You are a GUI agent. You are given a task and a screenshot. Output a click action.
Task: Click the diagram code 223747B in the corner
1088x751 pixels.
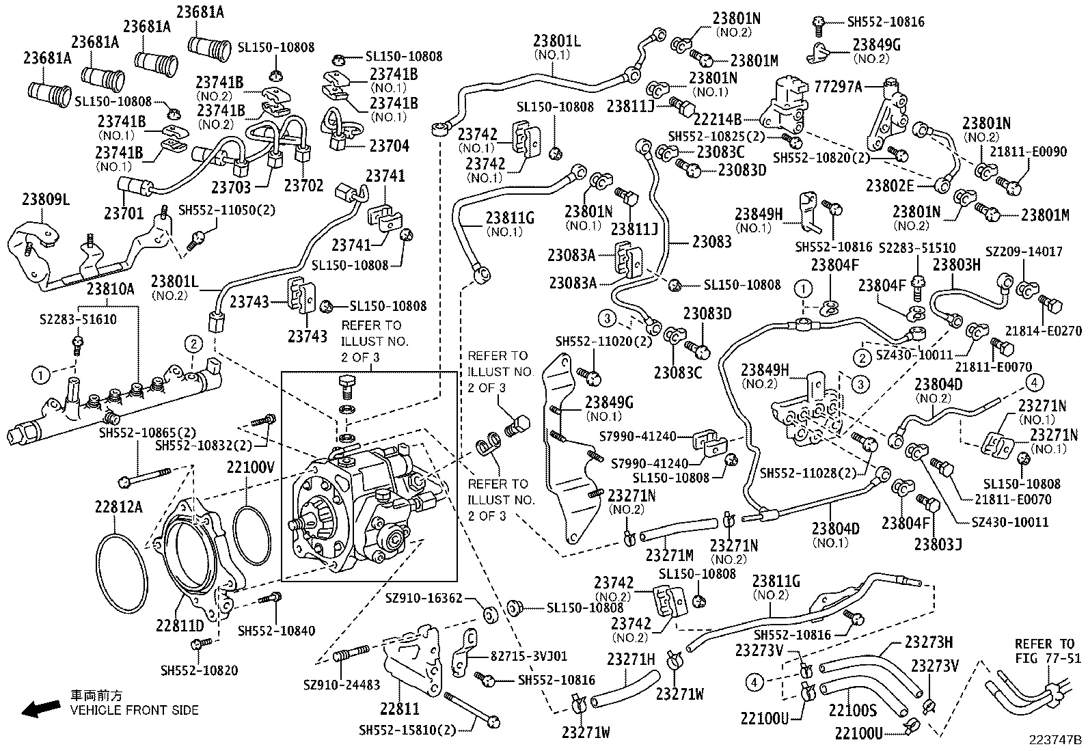pos(1057,740)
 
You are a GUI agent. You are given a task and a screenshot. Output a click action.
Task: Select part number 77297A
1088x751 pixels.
pos(839,87)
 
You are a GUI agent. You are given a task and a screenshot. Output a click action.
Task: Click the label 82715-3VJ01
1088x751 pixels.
pos(528,657)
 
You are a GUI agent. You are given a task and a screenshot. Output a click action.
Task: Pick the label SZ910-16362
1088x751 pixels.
pos(424,598)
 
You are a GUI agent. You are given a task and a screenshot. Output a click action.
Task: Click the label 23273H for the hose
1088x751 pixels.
pos(929,642)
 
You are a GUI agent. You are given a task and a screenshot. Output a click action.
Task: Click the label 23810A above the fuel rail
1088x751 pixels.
pos(110,289)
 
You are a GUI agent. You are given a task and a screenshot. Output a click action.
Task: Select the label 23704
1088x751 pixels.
pos(389,146)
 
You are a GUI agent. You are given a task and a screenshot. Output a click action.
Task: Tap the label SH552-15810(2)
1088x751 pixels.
pos(407,730)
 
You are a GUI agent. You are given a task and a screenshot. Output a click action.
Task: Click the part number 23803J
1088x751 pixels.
pos(938,544)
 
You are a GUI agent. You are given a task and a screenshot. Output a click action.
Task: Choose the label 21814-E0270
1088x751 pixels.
pos(1052,331)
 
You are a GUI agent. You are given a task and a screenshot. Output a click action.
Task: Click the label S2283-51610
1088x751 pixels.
pos(77,319)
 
